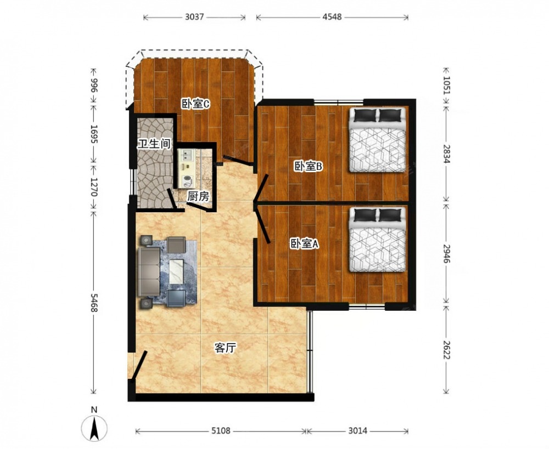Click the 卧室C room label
click(x=195, y=104)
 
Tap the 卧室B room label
click(x=308, y=167)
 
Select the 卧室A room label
click(x=304, y=244)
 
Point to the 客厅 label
click(x=225, y=348)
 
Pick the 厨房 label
click(x=198, y=196)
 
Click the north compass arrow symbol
click(x=94, y=428)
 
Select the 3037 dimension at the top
click(x=194, y=17)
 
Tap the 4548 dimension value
click(x=332, y=17)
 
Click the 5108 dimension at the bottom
click(x=221, y=431)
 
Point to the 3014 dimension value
click(x=357, y=431)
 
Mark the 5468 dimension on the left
click(x=94, y=303)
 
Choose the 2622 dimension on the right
click(x=446, y=350)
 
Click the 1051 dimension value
click(x=446, y=86)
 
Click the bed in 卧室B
click(x=378, y=140)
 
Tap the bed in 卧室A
click(x=378, y=240)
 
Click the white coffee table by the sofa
click(x=176, y=271)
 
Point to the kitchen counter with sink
click(x=186, y=168)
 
